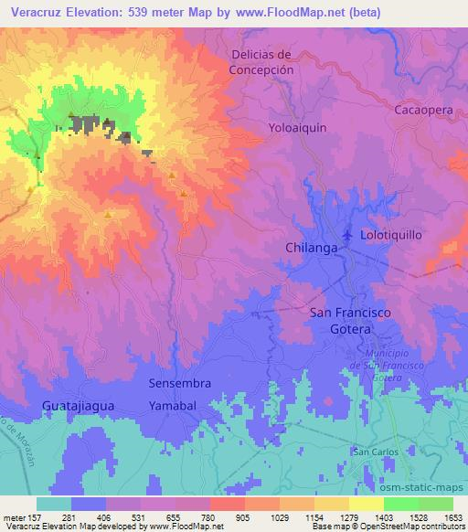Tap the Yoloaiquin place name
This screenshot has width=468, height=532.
point(297,128)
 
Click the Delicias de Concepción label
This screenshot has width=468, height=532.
point(261,62)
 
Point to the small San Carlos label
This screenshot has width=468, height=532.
point(373,452)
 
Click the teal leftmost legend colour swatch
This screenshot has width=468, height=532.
point(54,504)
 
